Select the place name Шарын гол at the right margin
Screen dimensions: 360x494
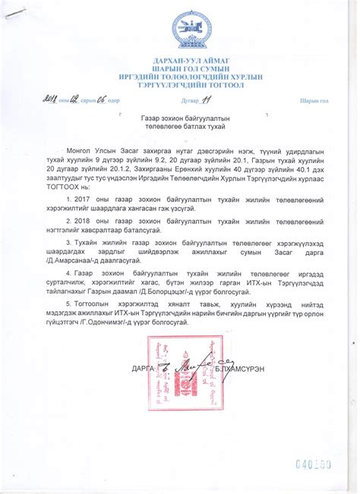(x=313, y=100)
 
